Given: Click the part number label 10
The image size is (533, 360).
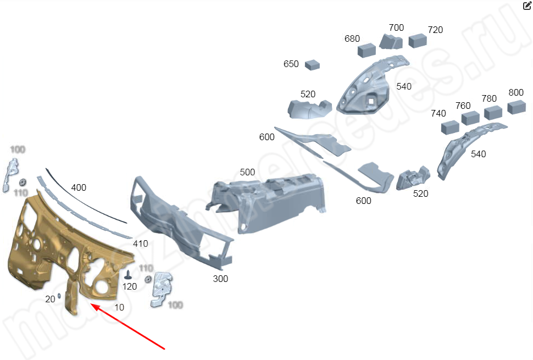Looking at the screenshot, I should pos(119,307).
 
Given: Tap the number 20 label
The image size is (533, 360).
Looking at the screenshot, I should pos(50,299).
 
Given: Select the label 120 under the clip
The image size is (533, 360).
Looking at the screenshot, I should pos(130,286).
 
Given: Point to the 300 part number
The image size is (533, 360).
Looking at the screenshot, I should pos(220,279).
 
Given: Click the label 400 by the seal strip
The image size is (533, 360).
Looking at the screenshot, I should pos(79,187).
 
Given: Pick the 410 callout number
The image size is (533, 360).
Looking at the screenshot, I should pos(141,243).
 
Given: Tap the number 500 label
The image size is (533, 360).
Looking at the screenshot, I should pos(247,172).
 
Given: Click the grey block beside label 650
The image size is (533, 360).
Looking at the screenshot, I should pos(313,64).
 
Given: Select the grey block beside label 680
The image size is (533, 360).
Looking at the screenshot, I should pos(367,51).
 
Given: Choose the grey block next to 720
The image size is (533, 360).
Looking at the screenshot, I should pos(418,40).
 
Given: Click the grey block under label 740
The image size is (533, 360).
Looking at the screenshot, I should pos(451,128).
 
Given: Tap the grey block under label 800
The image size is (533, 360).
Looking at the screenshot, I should pos(517,107).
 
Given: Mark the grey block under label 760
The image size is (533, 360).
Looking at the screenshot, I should pos(471,118).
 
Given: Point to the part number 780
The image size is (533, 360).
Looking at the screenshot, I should pos(489,99).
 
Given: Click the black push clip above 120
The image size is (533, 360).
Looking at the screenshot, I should pos(129,274).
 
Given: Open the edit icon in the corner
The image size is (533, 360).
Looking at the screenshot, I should pos(526,6).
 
